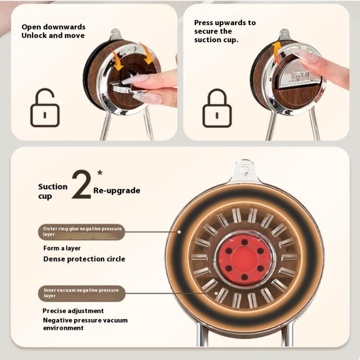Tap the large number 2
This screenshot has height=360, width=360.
81,184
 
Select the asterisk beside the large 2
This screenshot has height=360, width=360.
99,173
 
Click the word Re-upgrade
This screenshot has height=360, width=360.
117,190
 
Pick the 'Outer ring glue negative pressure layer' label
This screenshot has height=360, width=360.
81,232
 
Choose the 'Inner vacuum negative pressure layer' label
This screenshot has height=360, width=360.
82,293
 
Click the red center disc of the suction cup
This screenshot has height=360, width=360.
244,261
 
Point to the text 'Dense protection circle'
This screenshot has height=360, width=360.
84,259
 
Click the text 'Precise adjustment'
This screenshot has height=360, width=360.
73,311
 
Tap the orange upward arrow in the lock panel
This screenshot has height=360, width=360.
277,52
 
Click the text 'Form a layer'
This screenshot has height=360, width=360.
62,248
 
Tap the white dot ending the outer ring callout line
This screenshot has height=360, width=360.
179,232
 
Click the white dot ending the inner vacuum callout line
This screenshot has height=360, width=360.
216,293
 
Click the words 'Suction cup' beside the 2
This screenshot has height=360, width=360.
53,191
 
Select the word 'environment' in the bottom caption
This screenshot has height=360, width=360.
63,328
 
